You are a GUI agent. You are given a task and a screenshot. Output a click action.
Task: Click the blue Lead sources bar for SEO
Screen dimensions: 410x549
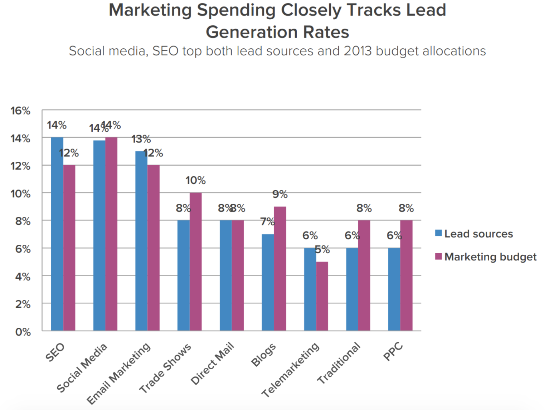tap(57, 234)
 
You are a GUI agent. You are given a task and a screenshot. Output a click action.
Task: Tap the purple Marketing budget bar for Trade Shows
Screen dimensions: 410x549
tap(196, 262)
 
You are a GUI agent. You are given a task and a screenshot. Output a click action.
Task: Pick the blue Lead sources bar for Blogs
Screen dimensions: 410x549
tap(268, 282)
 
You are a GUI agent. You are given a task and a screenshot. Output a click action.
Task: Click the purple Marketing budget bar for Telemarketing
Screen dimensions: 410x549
tap(322, 296)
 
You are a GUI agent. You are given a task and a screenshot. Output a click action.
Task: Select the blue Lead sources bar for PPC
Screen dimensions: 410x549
tap(394, 289)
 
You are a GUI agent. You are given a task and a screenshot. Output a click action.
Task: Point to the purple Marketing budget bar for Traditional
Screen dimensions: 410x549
tap(364, 275)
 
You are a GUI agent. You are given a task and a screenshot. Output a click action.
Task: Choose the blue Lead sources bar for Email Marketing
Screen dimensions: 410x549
tap(141, 241)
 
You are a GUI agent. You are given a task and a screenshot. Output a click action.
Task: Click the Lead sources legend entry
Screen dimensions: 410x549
tap(474, 234)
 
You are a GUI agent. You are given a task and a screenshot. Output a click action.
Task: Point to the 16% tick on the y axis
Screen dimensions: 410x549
tap(20, 111)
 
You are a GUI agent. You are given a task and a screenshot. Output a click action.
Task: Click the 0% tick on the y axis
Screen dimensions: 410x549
tap(23, 332)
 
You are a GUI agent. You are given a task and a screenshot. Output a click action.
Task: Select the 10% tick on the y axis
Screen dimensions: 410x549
tap(20, 194)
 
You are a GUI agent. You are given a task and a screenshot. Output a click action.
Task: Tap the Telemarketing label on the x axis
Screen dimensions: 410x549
tap(291, 370)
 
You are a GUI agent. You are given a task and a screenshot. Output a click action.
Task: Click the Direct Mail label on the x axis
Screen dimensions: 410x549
tap(213, 363)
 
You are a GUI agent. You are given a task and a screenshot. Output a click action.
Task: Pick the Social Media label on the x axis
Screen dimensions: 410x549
tap(82, 368)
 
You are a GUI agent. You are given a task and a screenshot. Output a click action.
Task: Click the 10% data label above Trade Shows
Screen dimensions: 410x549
tap(195, 180)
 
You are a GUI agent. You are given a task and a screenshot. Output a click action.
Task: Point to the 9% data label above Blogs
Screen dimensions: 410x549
tap(280, 194)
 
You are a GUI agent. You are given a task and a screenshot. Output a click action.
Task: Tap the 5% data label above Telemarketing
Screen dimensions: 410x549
tap(322, 249)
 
